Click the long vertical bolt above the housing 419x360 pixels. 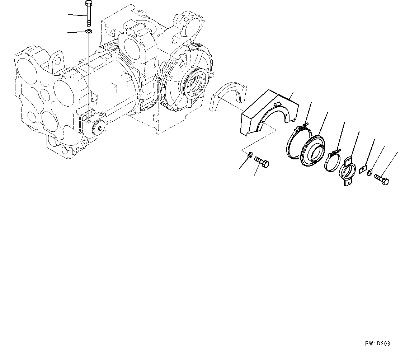coord(89,16)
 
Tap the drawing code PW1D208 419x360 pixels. coord(377,343)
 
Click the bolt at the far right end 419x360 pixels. coord(382,179)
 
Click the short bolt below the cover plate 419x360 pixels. coord(262,162)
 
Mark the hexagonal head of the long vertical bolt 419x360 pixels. coord(89,4)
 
